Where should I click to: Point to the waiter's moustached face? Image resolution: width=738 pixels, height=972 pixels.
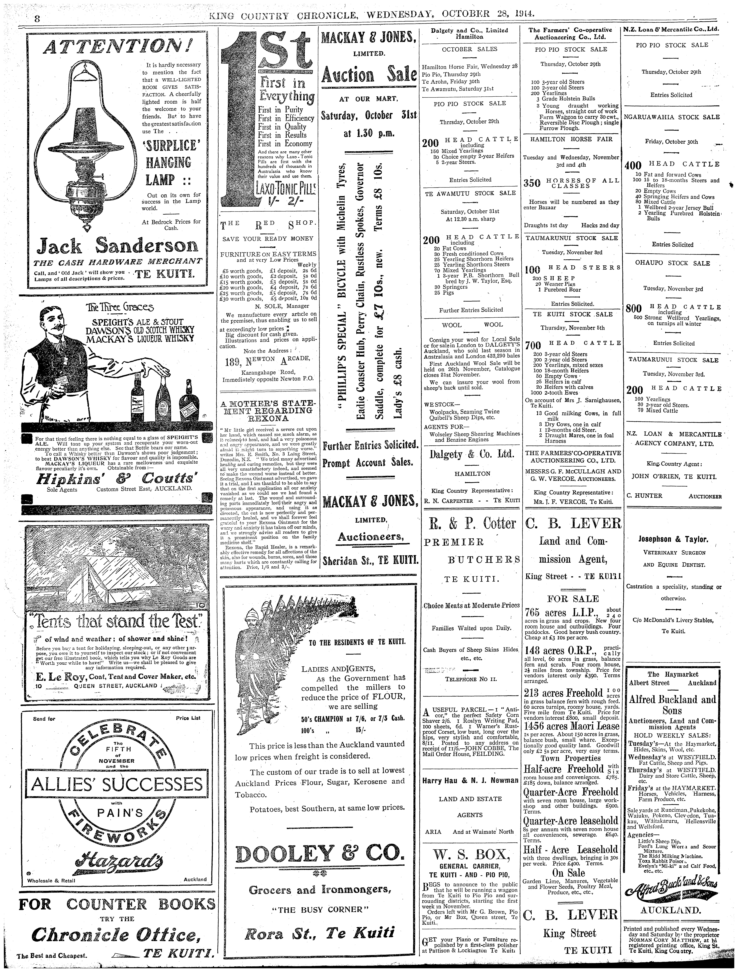tap(53, 324)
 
